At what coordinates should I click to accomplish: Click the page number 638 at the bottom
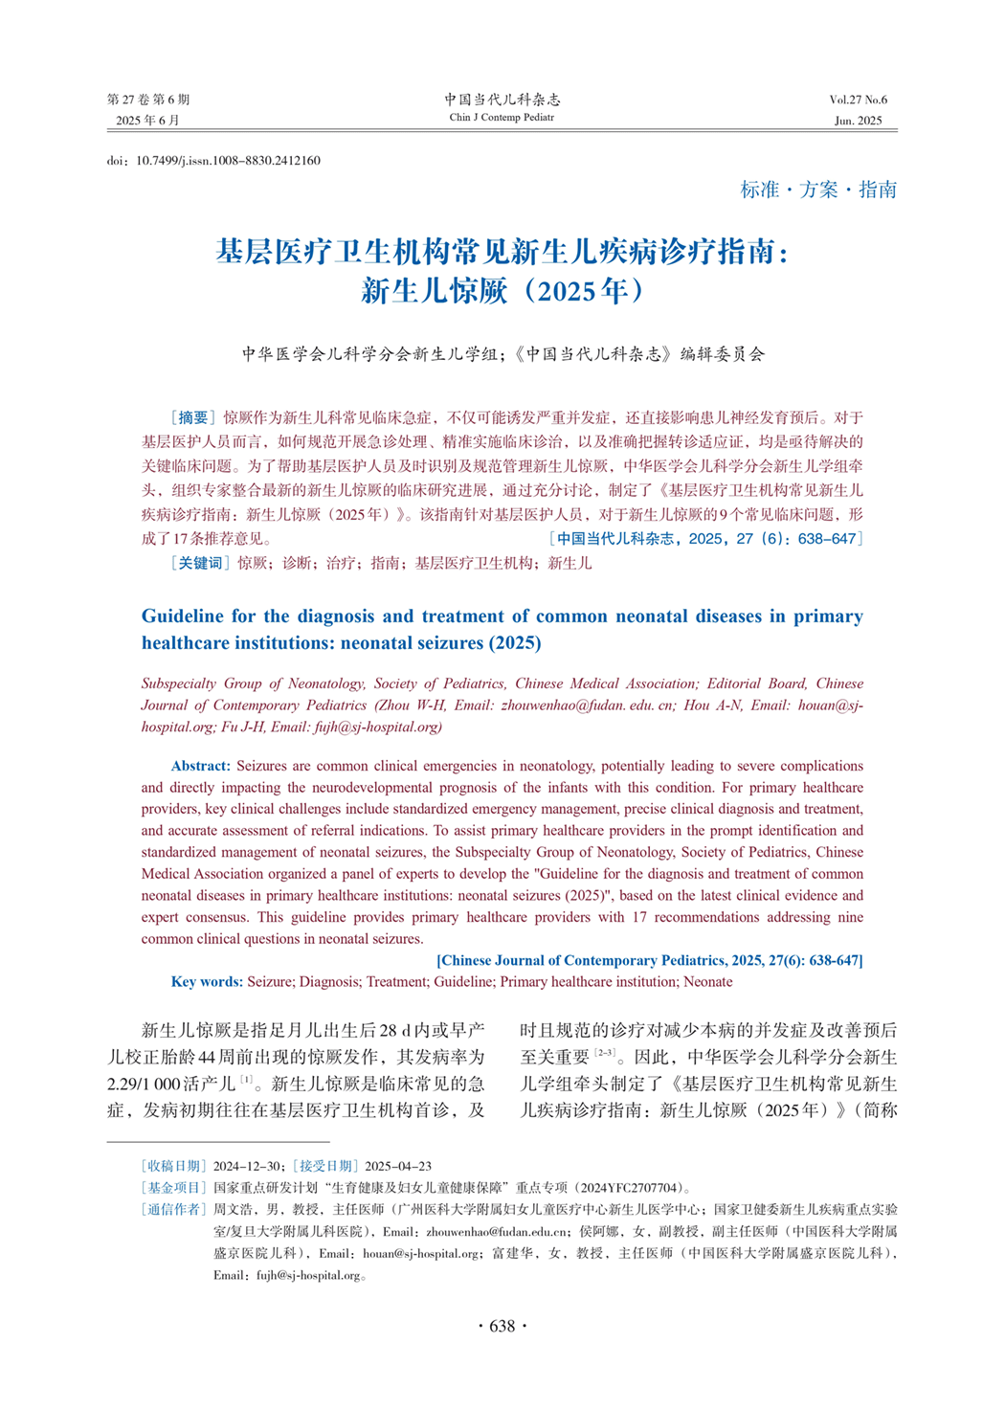point(502,1326)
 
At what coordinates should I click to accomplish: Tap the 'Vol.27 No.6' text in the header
point(858,100)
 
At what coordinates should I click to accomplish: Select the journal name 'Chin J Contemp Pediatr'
point(502,118)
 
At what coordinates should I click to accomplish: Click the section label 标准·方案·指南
point(818,190)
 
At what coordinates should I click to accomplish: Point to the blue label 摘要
point(192,417)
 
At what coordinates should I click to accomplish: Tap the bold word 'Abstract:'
point(200,766)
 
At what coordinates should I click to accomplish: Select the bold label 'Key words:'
point(207,981)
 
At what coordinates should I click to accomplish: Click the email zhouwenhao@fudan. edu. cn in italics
point(586,705)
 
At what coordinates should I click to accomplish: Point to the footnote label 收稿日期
point(173,1166)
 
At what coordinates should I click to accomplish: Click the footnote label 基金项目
point(173,1188)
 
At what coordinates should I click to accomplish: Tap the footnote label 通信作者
point(173,1209)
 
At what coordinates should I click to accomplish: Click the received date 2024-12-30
point(246,1166)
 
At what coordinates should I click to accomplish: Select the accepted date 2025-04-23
point(398,1166)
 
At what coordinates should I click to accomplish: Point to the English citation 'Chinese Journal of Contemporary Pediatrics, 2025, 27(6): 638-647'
point(650,960)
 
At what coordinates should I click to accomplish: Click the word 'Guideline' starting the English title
point(182,616)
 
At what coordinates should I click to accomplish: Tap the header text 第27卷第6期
point(148,100)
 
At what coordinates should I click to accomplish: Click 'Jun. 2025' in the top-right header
point(858,121)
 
